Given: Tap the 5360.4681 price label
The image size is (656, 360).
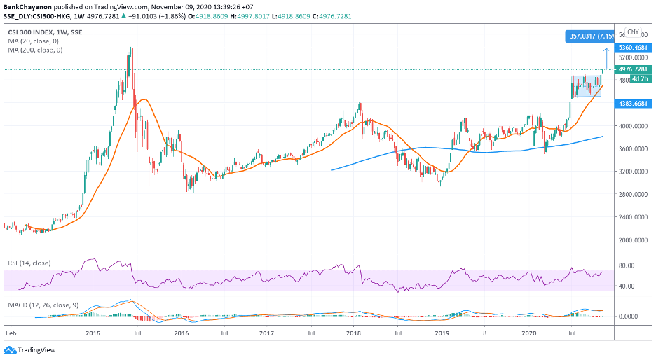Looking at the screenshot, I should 631,48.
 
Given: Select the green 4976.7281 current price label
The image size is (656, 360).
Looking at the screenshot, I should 631,70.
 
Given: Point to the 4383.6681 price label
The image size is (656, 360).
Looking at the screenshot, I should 631,104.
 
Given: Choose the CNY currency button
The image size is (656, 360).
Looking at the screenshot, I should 633,32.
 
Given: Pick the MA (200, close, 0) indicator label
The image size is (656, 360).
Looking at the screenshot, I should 33,50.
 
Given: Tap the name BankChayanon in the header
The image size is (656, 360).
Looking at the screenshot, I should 25,7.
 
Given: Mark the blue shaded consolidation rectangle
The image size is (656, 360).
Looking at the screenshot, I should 586,86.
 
